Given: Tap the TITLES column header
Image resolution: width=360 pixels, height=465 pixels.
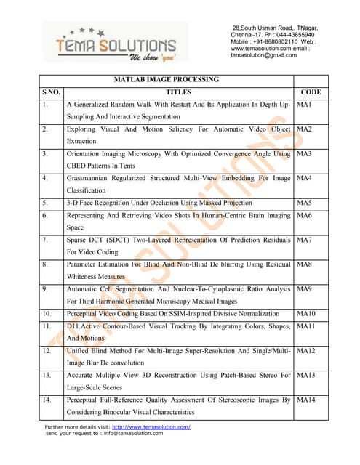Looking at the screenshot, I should (178, 92).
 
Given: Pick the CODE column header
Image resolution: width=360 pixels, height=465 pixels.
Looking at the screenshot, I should (311, 92).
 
